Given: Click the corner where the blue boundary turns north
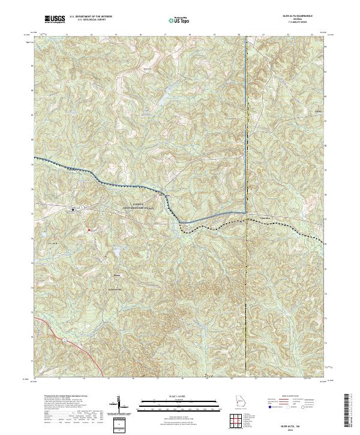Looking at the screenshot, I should click(245, 212).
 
